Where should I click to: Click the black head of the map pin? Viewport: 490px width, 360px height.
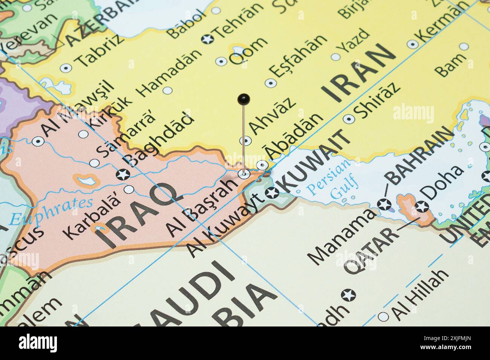[x=244, y=99]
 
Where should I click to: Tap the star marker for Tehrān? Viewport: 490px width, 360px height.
[x=208, y=38]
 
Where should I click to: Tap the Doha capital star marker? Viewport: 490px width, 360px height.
[x=422, y=206]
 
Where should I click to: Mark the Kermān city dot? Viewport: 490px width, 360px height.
[x=412, y=44]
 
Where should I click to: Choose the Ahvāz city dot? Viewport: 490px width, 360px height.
[x=246, y=141]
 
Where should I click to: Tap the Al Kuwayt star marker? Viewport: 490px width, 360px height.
[x=272, y=193]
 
